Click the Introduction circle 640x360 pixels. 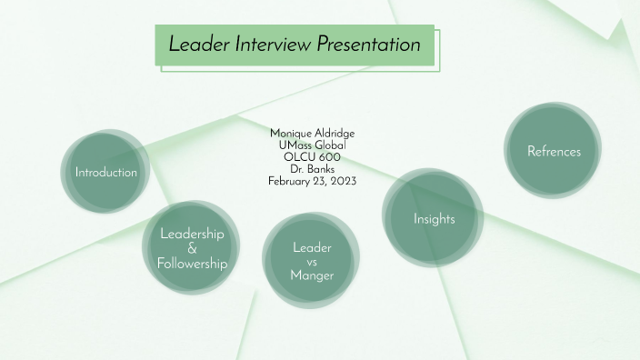pos(105,172)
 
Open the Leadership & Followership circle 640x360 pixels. pos(192,247)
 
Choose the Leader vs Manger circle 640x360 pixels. pos(312,261)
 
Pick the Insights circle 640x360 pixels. pos(434,218)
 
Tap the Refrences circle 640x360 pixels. pos(553,151)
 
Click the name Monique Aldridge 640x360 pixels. pos(312,134)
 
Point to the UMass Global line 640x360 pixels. pos(312,145)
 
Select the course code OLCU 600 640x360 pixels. pos(312,157)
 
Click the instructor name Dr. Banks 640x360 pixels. pos(312,169)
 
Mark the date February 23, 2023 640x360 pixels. pos(312,181)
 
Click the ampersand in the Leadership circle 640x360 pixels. pos(192,248)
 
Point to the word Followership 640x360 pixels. pos(192,264)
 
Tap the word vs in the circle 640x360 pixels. pos(312,262)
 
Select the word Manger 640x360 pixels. pos(312,275)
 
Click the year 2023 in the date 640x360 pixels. pos(343,181)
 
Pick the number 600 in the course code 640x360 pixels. pos(329,157)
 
